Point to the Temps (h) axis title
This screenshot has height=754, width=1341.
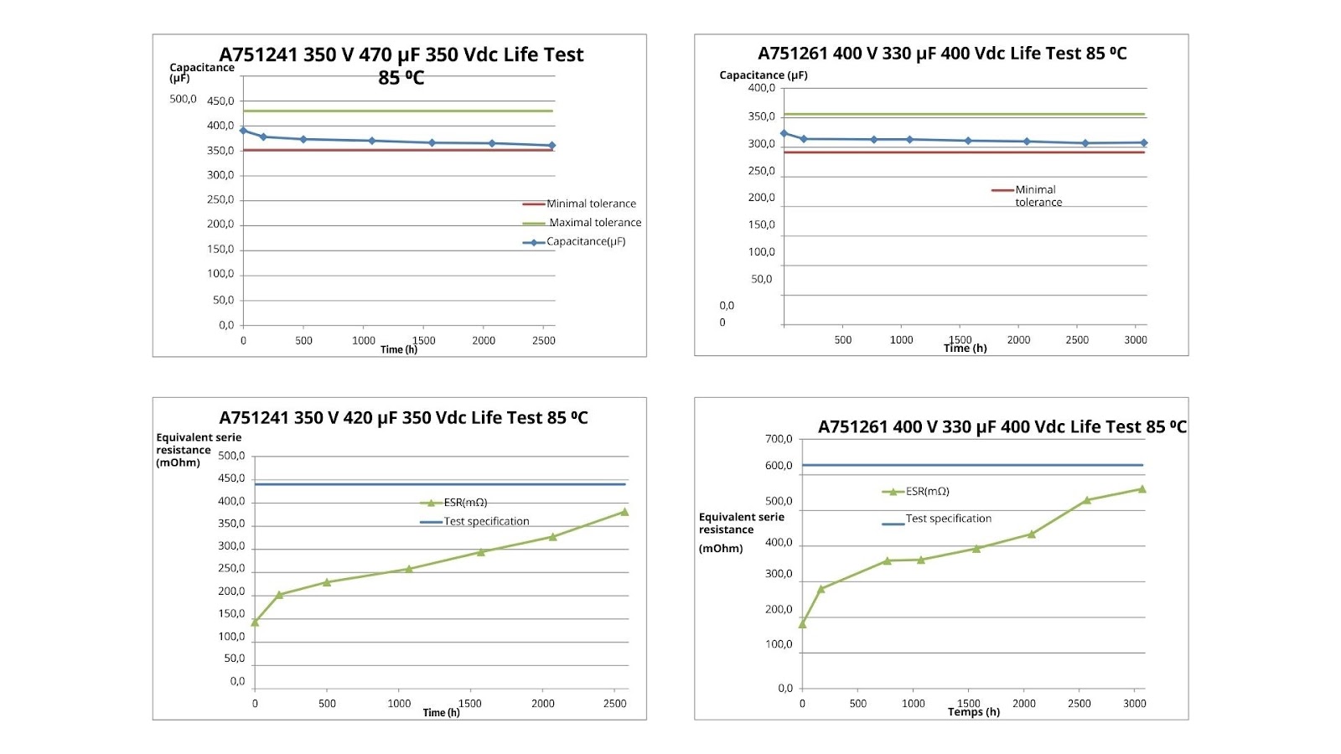974,712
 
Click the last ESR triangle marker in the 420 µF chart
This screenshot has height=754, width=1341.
624,512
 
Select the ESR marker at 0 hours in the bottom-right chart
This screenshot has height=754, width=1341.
802,624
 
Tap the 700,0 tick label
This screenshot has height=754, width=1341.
779,439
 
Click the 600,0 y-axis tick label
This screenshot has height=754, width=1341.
779,466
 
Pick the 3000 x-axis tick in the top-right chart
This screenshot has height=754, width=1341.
1136,340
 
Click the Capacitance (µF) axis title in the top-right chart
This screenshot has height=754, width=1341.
764,75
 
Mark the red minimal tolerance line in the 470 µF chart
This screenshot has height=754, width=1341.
398,150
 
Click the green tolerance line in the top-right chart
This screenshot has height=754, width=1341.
964,114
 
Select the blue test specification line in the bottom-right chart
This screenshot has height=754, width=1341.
972,465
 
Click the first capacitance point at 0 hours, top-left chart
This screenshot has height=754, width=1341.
243,131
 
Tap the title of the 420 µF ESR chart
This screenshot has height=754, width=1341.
403,417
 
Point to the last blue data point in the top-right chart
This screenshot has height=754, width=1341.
1144,143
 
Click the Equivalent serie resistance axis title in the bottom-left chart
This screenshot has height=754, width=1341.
199,450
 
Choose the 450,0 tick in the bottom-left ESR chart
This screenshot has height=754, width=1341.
231,479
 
